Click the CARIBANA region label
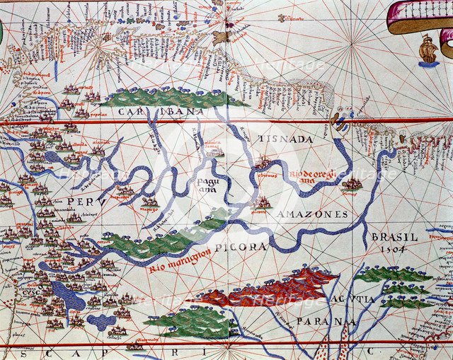pyautogui.click(x=161, y=112)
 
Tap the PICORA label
pyautogui.click(x=243, y=247)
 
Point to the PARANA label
pyautogui.click(x=326, y=322)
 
